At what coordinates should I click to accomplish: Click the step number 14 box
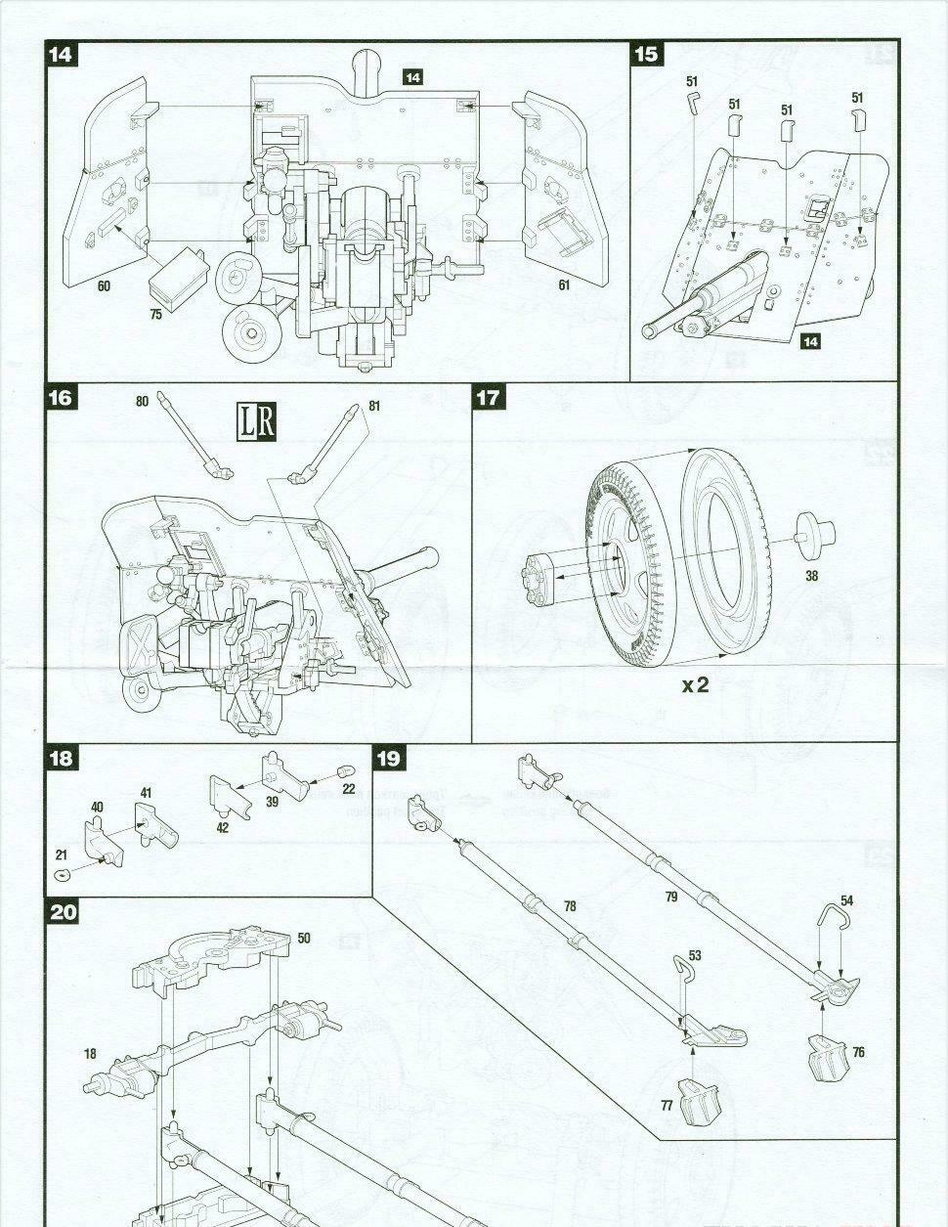click(61, 54)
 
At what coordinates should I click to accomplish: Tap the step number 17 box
click(487, 398)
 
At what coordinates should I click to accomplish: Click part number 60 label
click(105, 286)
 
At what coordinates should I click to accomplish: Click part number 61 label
click(564, 285)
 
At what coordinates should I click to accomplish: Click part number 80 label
click(143, 400)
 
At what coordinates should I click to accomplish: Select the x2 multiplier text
click(696, 685)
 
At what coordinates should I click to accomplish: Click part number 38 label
click(811, 576)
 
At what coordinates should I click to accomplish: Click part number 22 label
click(348, 789)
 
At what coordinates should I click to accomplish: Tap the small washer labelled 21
click(63, 873)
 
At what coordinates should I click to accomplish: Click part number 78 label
click(570, 907)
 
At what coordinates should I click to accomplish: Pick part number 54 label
click(846, 900)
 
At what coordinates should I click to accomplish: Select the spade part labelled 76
click(827, 1055)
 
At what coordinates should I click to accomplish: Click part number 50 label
click(304, 939)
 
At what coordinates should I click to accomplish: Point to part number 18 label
click(90, 1054)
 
